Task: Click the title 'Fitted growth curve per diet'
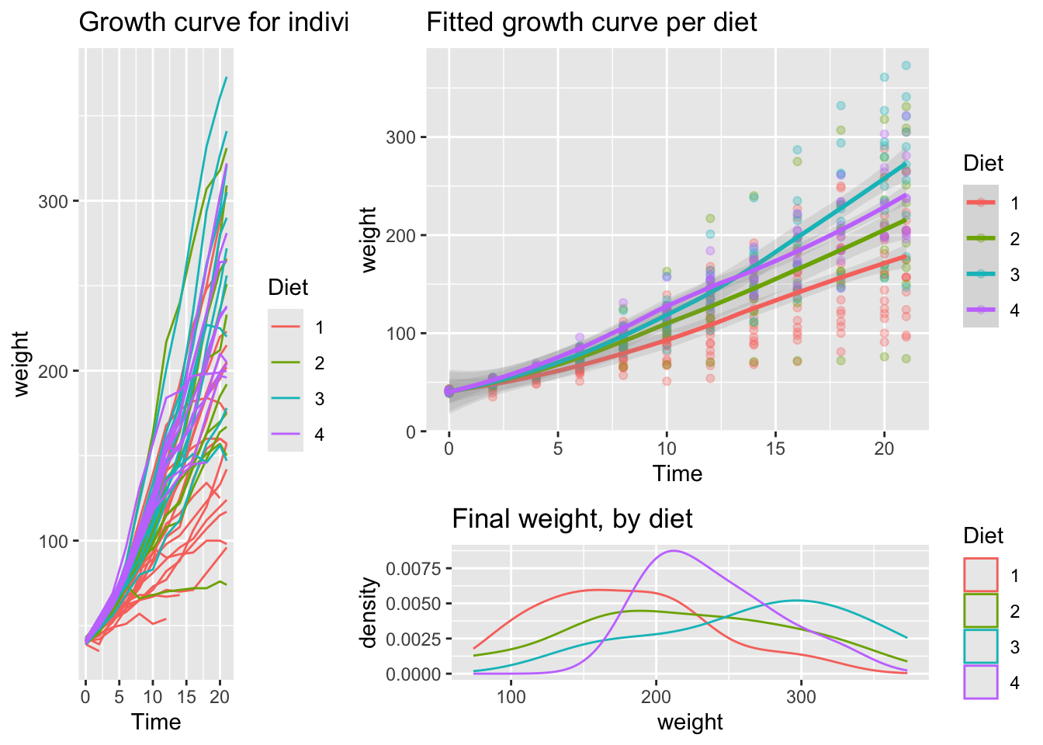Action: (x=591, y=23)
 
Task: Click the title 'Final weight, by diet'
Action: (x=572, y=518)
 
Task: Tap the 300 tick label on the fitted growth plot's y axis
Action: (x=401, y=138)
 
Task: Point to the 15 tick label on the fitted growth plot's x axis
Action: (x=775, y=449)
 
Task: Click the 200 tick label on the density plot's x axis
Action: (x=656, y=696)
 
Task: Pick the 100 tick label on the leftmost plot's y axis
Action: (x=54, y=541)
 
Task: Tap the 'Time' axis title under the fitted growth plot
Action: (x=677, y=473)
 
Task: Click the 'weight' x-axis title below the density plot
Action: (x=689, y=722)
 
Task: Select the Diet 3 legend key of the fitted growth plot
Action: (x=981, y=273)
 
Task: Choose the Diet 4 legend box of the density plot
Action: (x=981, y=682)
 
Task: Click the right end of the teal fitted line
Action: (x=906, y=163)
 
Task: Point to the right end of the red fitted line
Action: (x=906, y=256)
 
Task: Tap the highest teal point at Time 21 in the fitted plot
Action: (x=906, y=66)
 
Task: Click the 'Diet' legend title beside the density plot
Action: (x=982, y=535)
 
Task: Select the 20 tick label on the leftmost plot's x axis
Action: (x=218, y=696)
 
